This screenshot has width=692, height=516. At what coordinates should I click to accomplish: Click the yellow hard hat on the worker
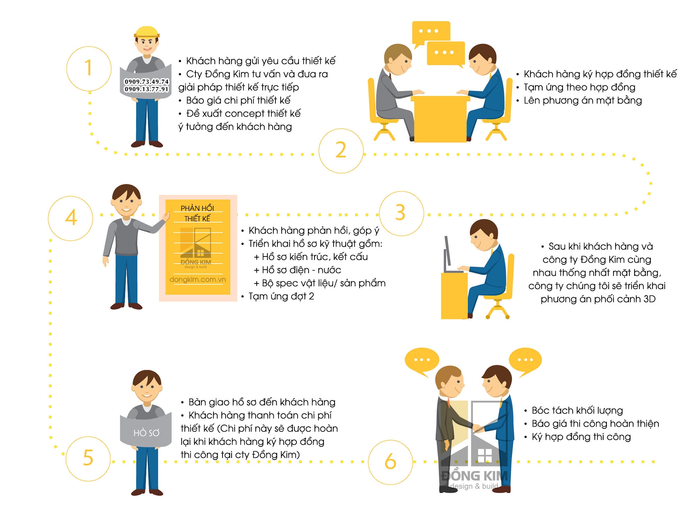click(x=147, y=32)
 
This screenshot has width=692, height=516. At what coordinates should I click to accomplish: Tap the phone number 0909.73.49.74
click(x=147, y=82)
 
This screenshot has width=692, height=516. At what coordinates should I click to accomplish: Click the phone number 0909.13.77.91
click(x=147, y=89)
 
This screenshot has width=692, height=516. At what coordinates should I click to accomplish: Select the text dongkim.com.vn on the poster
click(x=198, y=279)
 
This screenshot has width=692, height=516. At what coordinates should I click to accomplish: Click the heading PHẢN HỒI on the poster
click(x=197, y=208)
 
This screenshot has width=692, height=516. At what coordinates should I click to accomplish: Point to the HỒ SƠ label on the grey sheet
click(x=146, y=433)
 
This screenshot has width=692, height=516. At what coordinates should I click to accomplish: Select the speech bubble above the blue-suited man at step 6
click(x=525, y=362)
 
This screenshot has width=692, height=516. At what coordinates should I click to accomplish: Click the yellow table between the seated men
click(x=440, y=119)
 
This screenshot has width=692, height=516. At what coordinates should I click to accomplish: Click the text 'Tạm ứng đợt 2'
click(x=281, y=296)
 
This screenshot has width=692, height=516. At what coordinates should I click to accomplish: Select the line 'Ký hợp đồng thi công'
click(x=581, y=437)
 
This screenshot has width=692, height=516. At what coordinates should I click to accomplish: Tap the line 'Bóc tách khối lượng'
click(x=577, y=410)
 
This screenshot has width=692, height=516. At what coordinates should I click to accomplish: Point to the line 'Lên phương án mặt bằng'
click(x=583, y=100)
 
